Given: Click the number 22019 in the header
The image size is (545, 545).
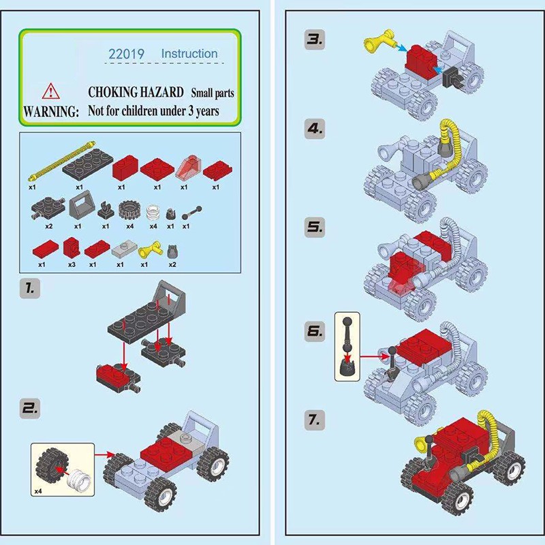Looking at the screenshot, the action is point(126,54).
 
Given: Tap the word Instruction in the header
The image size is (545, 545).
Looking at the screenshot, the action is point(189,54).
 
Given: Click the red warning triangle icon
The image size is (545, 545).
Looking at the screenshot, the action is point(50,91).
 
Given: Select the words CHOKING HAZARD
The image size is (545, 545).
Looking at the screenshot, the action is point(136,92).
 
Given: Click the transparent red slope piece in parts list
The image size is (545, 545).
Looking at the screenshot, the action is point(189,168).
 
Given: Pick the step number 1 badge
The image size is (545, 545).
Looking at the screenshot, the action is point(30,288).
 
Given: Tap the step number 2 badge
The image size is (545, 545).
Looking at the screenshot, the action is point(30,408).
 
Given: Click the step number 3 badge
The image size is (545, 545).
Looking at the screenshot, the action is point(315,40).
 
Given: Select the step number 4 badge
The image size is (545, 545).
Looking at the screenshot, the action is point(315,129).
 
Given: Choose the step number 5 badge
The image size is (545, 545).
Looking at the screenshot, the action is point(315,228).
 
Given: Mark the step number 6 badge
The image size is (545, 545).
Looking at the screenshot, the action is point(315,331).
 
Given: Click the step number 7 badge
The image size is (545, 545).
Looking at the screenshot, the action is point(315,420).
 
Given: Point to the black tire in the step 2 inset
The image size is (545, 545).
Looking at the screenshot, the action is point(51,467).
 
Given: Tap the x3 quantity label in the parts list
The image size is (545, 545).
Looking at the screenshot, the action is point(72,264).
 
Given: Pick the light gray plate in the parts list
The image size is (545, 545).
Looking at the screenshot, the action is point(125,248).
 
